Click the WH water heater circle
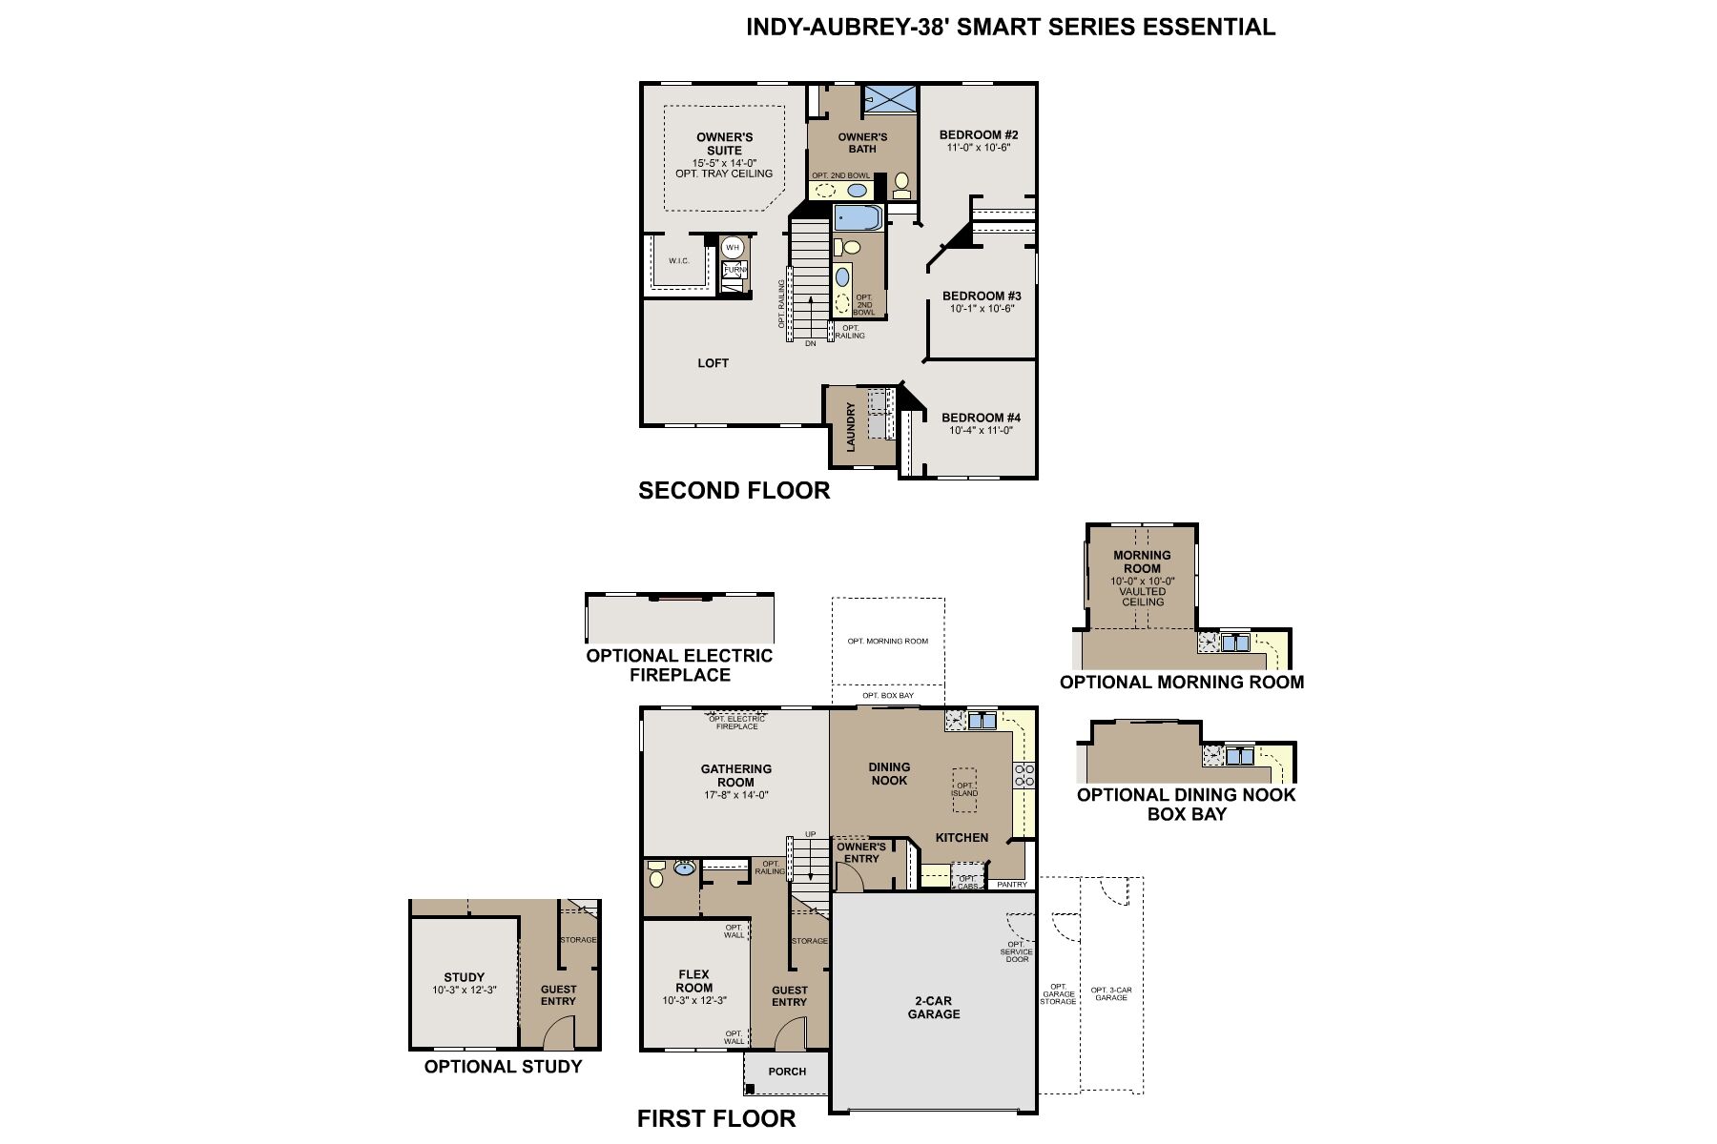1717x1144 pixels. click(x=733, y=248)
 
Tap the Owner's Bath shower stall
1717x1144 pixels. click(x=889, y=99)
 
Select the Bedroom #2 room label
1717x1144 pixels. click(x=979, y=135)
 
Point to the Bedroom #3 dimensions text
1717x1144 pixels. click(x=982, y=309)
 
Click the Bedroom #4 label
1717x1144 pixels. click(x=982, y=418)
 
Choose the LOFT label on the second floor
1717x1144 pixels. click(x=714, y=363)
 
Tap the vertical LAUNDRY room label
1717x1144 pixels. click(x=851, y=427)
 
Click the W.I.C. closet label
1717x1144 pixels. click(x=678, y=261)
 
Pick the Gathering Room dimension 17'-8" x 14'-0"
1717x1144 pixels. click(x=736, y=795)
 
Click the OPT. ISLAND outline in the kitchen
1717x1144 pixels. click(x=964, y=790)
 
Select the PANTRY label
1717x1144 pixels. click(x=1012, y=885)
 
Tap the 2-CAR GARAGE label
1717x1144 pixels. click(x=934, y=1008)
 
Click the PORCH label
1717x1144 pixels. click(x=787, y=1072)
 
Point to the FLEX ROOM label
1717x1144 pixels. click(x=694, y=981)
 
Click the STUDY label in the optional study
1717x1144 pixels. click(x=465, y=977)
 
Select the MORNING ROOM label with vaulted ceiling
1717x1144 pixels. click(x=1142, y=562)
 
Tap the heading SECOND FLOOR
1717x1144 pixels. click(x=734, y=491)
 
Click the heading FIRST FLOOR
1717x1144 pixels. click(x=716, y=1118)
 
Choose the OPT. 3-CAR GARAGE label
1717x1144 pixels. click(x=1111, y=993)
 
